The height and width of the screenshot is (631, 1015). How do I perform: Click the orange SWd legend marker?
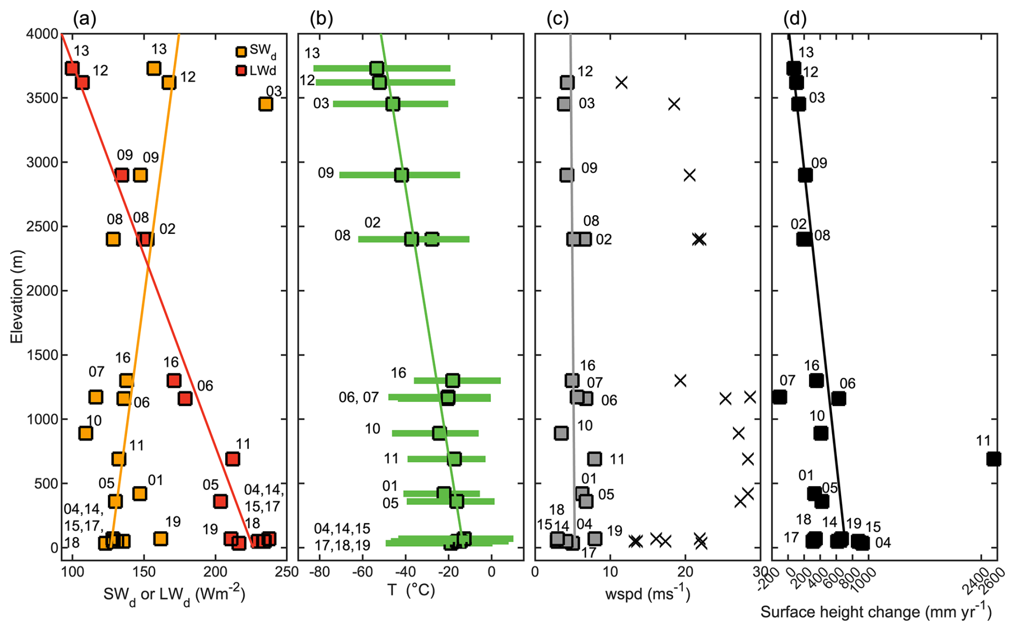[x=241, y=52]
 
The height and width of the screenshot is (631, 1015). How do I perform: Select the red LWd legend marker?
[x=241, y=70]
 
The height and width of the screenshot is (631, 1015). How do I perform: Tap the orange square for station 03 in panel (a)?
[x=266, y=104]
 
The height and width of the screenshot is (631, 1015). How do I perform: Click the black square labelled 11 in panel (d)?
[x=994, y=459]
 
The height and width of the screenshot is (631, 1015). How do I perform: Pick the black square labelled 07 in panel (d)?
[x=779, y=397]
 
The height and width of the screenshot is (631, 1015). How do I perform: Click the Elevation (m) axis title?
[x=17, y=296]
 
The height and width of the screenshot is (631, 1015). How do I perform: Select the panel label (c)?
[x=557, y=19]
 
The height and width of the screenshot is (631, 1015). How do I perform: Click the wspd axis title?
[x=648, y=593]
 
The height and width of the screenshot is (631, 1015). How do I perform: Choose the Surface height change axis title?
[x=876, y=612]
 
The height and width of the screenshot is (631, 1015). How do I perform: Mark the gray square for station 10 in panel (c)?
[x=561, y=433]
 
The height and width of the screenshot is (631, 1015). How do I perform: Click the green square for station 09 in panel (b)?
[x=401, y=175]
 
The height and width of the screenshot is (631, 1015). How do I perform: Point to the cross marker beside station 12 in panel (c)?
[x=621, y=83]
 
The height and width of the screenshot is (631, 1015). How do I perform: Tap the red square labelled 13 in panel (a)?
[x=72, y=68]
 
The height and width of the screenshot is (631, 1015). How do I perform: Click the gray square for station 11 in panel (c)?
[x=594, y=459]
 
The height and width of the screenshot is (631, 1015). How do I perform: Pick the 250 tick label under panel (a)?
[x=286, y=572]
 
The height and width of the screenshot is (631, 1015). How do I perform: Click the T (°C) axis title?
[x=410, y=590]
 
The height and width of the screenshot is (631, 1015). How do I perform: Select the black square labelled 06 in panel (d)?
[x=839, y=399]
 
